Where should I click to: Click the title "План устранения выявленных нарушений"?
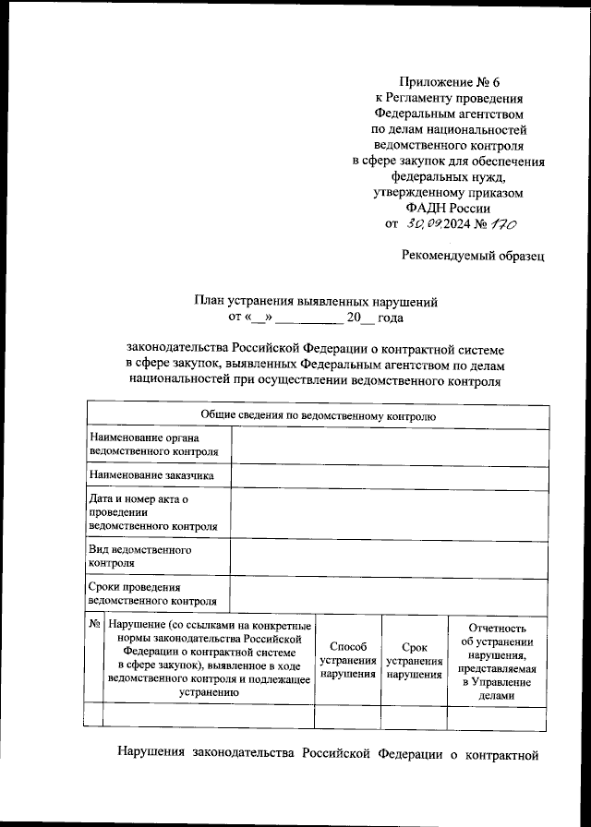315,302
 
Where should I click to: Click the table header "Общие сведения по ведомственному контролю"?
318,416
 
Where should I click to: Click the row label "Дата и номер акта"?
153,512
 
